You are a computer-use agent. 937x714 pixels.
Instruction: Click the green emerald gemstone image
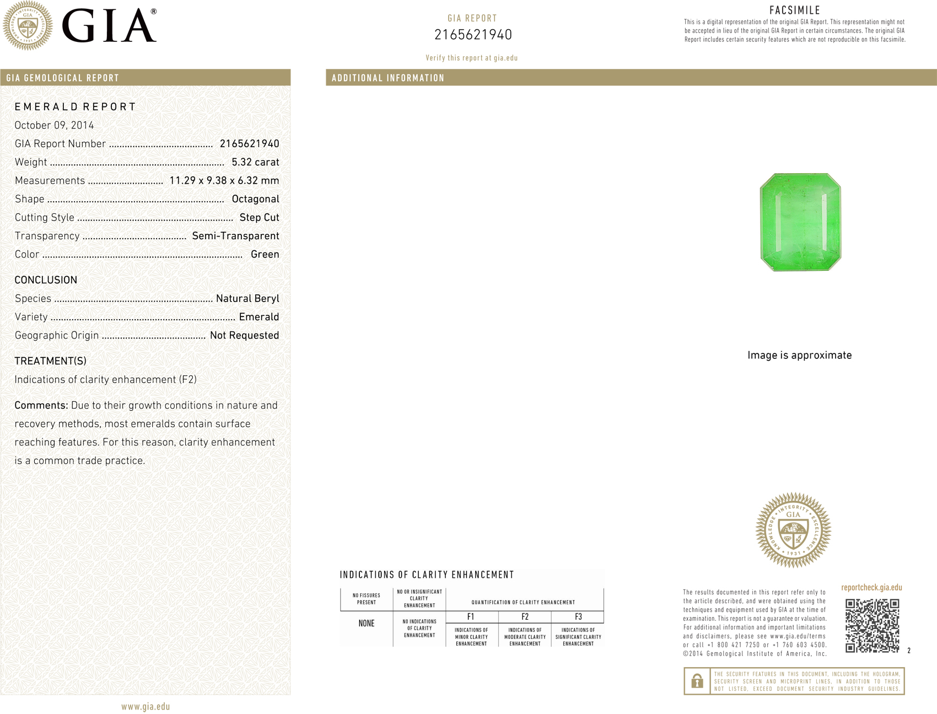[x=800, y=222]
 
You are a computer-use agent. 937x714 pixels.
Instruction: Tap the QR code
[x=872, y=626]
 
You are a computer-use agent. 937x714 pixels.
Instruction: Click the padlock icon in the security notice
[x=697, y=681]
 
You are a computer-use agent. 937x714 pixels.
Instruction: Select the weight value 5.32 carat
[x=255, y=162]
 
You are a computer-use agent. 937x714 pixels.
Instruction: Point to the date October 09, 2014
[x=54, y=125]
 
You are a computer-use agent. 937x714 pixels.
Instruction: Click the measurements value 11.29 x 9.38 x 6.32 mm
[x=224, y=181]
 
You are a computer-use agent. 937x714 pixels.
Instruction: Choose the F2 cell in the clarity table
[x=525, y=617]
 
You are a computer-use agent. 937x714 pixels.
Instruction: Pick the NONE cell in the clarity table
[x=367, y=624]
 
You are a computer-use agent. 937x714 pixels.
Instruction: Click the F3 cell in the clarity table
[x=578, y=617]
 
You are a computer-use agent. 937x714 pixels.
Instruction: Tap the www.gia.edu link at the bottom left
[x=146, y=707]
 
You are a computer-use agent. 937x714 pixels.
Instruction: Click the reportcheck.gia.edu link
[x=871, y=588]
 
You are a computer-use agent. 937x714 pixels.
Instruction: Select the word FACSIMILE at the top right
[x=794, y=10]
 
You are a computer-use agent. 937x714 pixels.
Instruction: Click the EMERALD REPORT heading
[x=75, y=107]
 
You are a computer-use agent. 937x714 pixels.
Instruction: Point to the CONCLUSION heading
[x=46, y=280]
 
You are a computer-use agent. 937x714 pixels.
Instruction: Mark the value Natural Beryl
[x=247, y=299]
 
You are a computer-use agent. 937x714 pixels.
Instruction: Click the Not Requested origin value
[x=244, y=336]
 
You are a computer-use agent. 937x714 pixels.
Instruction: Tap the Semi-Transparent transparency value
[x=235, y=236]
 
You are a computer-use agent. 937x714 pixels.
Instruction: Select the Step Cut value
[x=259, y=218]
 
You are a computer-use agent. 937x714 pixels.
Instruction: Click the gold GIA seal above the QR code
[x=793, y=530]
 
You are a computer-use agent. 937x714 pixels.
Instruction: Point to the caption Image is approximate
[x=799, y=356]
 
